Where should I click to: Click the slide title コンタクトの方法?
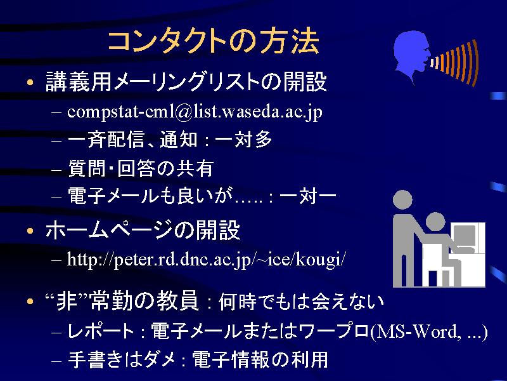(214, 41)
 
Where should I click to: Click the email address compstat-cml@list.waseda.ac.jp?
(195, 112)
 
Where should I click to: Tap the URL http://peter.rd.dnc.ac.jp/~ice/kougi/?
(207, 259)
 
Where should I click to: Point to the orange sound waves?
(455, 62)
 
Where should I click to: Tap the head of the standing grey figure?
(402, 199)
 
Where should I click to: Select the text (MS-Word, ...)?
(429, 331)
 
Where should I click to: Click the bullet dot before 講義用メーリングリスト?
(30, 83)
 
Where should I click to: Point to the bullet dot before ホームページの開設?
(30, 231)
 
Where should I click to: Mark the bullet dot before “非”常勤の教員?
(30, 302)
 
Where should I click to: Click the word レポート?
(101, 331)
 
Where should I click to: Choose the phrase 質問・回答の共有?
(141, 168)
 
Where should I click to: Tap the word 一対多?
(243, 140)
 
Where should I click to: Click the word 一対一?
(307, 196)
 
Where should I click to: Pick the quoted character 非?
(67, 301)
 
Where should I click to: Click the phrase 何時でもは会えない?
(301, 302)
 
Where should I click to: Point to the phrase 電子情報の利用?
(260, 359)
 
